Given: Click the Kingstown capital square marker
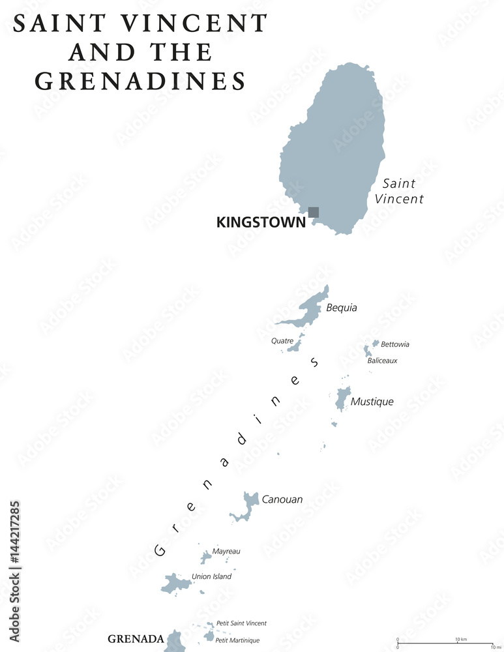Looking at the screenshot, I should [314, 212].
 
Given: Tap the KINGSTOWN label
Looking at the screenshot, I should [261, 223].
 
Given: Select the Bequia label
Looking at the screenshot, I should [342, 308].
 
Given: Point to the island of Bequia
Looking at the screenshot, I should [310, 309].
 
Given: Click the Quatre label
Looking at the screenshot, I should [282, 340].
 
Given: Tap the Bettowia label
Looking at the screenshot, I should [395, 344].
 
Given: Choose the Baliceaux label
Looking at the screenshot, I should [382, 361].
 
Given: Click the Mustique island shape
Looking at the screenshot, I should [342, 398].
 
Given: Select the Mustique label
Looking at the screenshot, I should [372, 402].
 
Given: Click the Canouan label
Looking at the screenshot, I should [282, 500].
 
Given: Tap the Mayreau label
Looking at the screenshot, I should [226, 551].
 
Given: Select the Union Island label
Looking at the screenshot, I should [211, 576].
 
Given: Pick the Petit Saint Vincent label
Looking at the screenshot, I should [241, 623].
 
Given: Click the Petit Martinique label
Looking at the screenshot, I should [237, 640].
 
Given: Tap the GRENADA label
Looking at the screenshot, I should [136, 639].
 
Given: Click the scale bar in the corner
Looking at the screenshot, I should [445, 643].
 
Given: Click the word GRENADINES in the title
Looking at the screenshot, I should [140, 80].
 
